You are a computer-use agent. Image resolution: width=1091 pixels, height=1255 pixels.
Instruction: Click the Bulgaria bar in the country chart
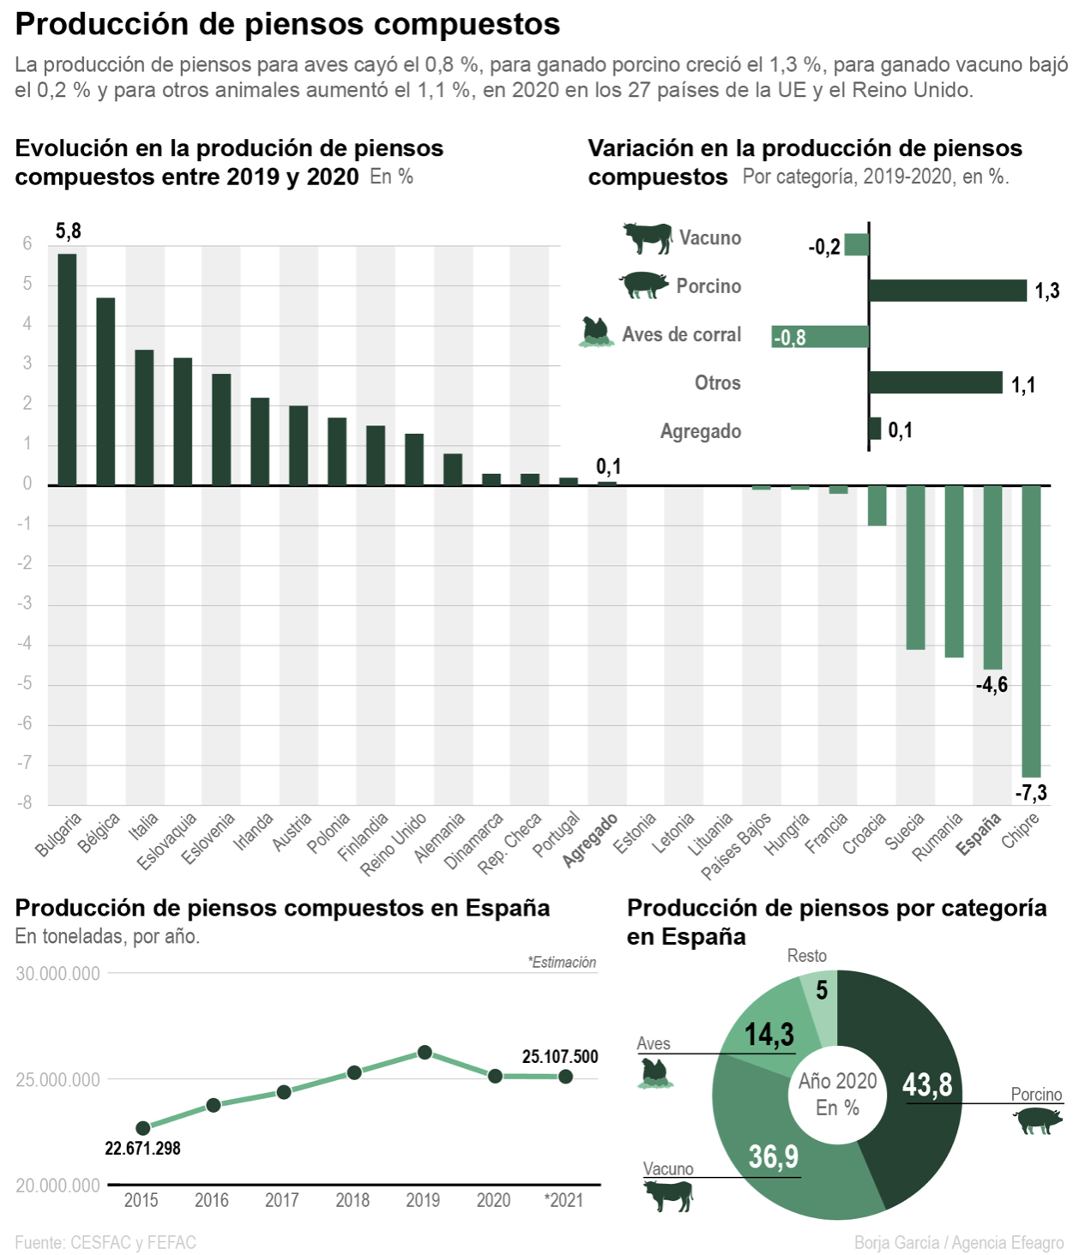coord(67,369)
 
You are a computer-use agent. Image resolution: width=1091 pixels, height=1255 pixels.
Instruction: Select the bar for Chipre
coord(1031,630)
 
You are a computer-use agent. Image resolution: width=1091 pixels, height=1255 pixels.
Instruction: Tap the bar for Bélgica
coord(105,391)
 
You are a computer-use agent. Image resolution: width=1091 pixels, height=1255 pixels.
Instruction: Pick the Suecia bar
coord(916,567)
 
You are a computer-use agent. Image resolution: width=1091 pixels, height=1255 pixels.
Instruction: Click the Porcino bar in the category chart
coord(947,291)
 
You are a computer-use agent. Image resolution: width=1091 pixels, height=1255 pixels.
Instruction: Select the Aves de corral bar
coord(820,336)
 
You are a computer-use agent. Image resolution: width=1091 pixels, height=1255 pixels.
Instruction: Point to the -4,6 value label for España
coord(992,685)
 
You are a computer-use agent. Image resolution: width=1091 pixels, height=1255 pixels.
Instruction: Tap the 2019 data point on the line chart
coord(424,1052)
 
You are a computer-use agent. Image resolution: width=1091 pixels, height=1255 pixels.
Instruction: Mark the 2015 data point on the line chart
coord(143,1128)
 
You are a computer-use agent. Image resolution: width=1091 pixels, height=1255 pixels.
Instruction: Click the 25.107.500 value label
coord(559,1056)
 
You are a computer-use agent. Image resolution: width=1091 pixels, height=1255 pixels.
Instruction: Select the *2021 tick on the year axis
coord(564,1200)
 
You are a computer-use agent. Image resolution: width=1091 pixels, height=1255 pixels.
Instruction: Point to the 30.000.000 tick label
coord(57,974)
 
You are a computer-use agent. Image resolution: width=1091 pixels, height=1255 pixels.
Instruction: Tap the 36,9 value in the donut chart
coord(773,1157)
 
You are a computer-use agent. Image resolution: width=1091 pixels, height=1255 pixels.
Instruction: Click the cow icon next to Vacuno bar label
coord(648,237)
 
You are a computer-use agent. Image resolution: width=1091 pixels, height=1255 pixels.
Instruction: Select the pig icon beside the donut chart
coord(1037,1120)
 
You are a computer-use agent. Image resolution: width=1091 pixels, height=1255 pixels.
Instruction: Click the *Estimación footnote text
coord(562,962)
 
